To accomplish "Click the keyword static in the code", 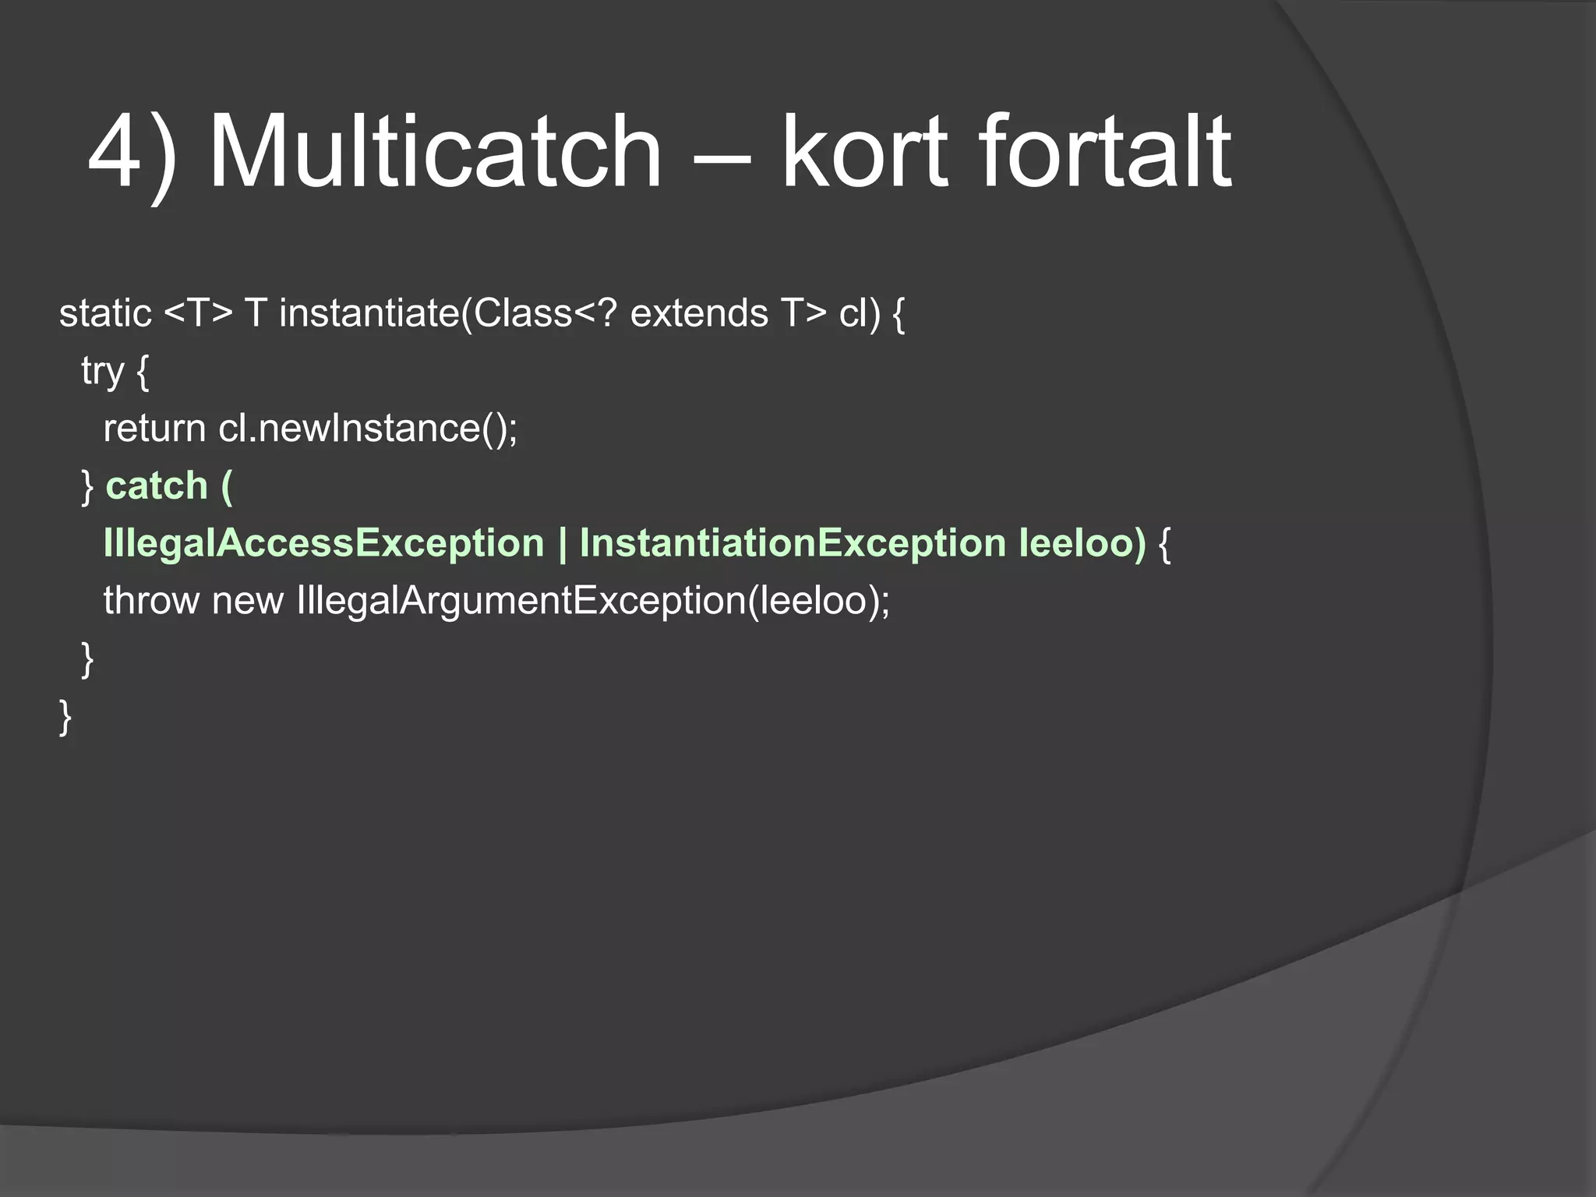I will pos(105,313).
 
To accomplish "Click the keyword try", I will pos(103,372).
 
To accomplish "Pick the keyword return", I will pos(154,429).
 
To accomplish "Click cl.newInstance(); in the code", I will pos(368,429).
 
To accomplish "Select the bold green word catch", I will pos(157,486).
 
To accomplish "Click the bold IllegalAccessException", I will pos(323,543).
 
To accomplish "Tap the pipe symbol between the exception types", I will pos(562,543).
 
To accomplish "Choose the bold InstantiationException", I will pos(793,543).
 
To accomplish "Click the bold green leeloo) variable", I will pos(1082,543).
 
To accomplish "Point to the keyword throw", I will pos(151,601).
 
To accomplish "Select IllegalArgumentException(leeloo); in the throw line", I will pos(593,601).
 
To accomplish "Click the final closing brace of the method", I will pos(65,716).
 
